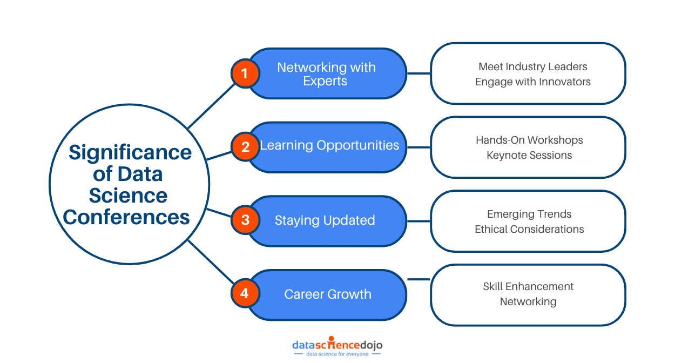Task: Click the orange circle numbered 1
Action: [x=245, y=73]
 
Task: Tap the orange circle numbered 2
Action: [x=245, y=147]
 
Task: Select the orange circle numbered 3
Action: [x=245, y=220]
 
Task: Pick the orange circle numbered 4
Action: [x=245, y=294]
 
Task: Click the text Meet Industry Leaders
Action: [x=532, y=67]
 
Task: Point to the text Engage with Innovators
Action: [x=532, y=82]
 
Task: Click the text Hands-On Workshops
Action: [x=529, y=140]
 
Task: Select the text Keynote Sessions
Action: [x=529, y=156]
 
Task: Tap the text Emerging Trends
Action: [x=529, y=214]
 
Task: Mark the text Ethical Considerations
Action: [x=529, y=230]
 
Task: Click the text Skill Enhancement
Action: [x=528, y=287]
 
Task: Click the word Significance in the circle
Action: [x=130, y=153]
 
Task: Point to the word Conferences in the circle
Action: [x=127, y=217]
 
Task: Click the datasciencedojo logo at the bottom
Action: [x=337, y=344]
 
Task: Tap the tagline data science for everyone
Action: [x=337, y=354]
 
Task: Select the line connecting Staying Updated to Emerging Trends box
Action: [x=418, y=220]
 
